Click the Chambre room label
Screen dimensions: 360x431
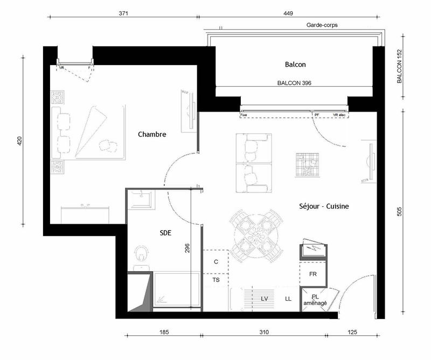pyautogui.click(x=151, y=134)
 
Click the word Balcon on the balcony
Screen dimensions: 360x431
pyautogui.click(x=295, y=65)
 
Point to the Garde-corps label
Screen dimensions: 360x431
pyautogui.click(x=322, y=25)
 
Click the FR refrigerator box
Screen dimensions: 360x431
pyautogui.click(x=312, y=274)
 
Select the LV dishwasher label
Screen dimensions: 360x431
pyautogui.click(x=265, y=298)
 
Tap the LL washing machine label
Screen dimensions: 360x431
pyautogui.click(x=288, y=298)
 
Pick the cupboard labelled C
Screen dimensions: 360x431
pyautogui.click(x=215, y=262)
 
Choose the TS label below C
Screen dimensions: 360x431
pyautogui.click(x=215, y=280)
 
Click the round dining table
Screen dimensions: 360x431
pyautogui.click(x=256, y=233)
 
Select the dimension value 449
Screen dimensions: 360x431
pyautogui.click(x=286, y=14)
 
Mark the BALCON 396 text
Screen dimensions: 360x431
pyautogui.click(x=295, y=84)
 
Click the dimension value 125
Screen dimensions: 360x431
pyautogui.click(x=352, y=332)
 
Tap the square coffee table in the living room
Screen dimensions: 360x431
pyautogui.click(x=308, y=165)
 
